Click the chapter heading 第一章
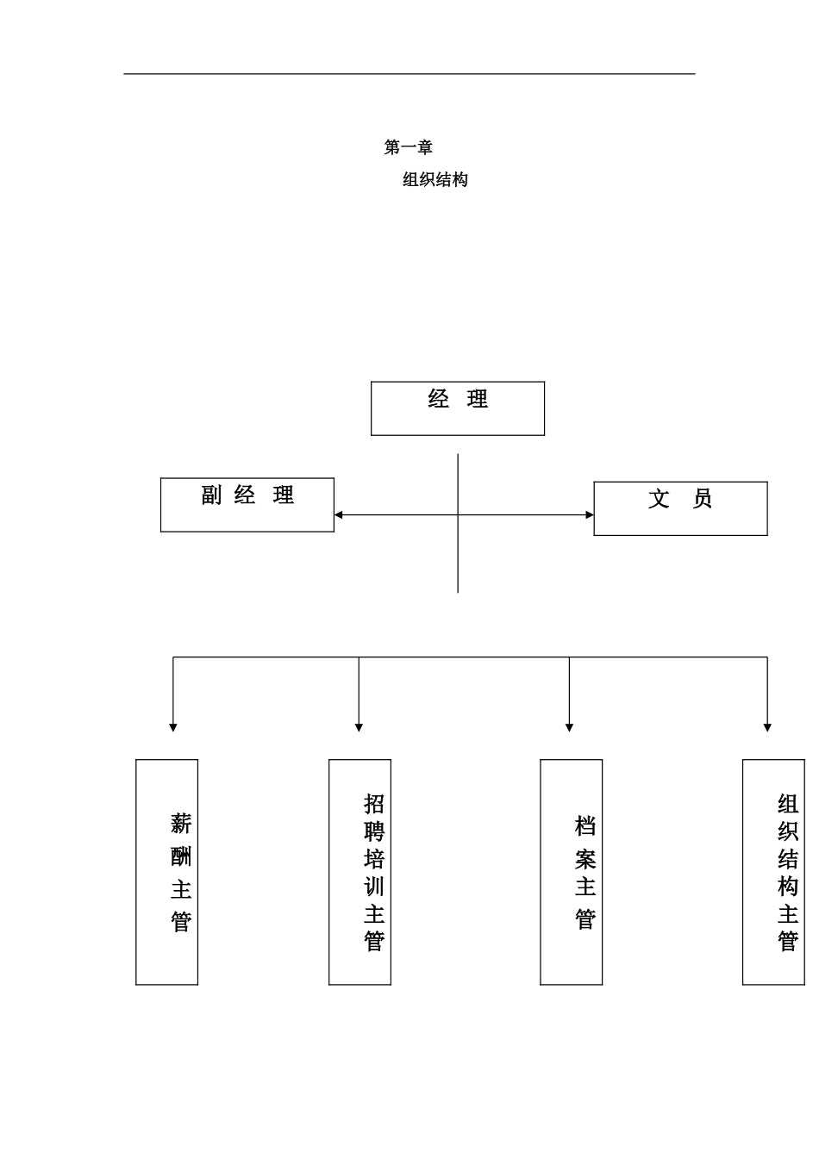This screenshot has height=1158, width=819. tap(408, 147)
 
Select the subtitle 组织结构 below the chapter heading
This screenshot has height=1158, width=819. tap(435, 180)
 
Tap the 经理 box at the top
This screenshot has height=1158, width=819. tap(457, 408)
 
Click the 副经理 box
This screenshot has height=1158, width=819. tap(247, 505)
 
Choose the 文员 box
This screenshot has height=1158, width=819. tap(680, 508)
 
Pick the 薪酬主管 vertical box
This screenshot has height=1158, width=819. tap(167, 872)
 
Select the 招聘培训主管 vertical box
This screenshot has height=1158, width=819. tap(359, 872)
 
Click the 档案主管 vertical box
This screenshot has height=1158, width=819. tap(571, 872)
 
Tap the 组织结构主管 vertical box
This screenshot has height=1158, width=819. tap(773, 872)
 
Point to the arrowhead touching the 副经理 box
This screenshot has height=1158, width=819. tap(339, 515)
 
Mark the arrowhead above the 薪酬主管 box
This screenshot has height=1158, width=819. tap(173, 728)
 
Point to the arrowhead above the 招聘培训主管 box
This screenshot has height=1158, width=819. tap(359, 728)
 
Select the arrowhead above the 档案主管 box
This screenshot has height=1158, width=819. tap(569, 728)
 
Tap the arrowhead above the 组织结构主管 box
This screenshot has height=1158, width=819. tap(767, 728)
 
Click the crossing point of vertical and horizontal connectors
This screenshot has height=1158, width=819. tap(458, 515)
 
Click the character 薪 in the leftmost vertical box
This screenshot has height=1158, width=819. tap(180, 824)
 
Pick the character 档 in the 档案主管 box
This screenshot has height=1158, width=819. tap(585, 826)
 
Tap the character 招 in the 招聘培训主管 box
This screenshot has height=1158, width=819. tap(373, 804)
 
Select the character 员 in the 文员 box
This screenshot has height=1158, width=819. tap(703, 499)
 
